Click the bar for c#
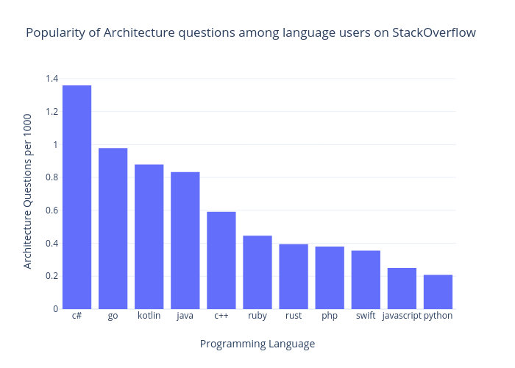tap(77, 197)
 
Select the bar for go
tap(113, 228)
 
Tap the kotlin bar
tap(149, 236)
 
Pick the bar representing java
tap(185, 240)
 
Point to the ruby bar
tap(257, 272)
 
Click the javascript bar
tap(402, 288)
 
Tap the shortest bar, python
tap(438, 291)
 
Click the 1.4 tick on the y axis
tap(51, 79)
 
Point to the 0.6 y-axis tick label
tap(51, 210)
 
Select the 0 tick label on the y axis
tap(55, 309)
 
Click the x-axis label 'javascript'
tap(402, 316)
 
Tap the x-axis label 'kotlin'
tap(149, 316)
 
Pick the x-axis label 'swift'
tap(366, 316)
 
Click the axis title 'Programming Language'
tap(257, 344)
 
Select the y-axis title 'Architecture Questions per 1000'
tap(27, 191)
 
